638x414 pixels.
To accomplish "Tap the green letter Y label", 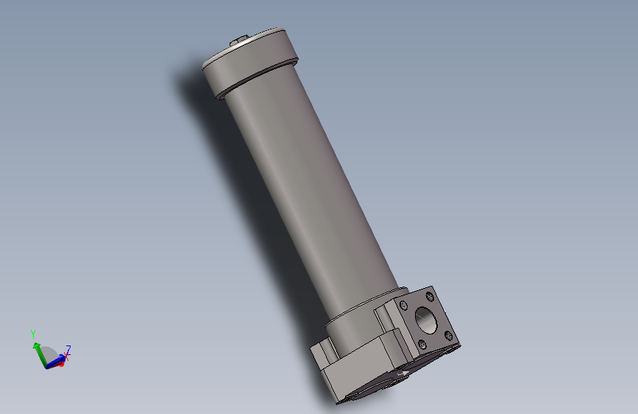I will pyautogui.click(x=33, y=334).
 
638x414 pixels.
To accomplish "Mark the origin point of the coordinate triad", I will pyautogui.click(x=47, y=365).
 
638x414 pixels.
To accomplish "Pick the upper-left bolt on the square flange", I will pyautogui.click(x=403, y=304).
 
